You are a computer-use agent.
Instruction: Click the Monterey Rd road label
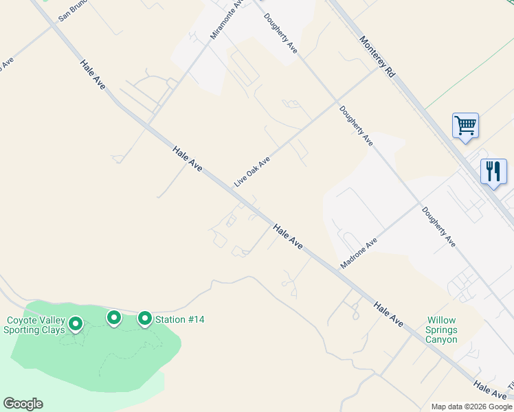click(x=378, y=56)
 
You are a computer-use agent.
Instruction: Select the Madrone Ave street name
click(x=359, y=253)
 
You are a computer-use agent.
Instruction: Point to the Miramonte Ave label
click(x=227, y=19)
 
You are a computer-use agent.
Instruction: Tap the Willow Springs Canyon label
click(x=442, y=330)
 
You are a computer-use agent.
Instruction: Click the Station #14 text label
click(x=179, y=319)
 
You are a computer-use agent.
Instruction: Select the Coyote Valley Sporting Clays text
click(x=35, y=325)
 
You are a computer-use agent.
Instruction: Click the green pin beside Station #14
click(x=145, y=319)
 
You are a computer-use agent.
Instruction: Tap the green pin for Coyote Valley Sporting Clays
click(x=75, y=323)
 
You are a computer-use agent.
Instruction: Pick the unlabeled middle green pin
click(x=114, y=317)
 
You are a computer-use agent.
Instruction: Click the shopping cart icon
click(x=465, y=126)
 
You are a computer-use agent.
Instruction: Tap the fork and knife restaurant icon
click(x=493, y=172)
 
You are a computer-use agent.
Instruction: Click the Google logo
click(x=23, y=404)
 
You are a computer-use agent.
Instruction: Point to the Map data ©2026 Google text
click(x=471, y=407)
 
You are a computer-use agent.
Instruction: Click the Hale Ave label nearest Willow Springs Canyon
click(x=388, y=312)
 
